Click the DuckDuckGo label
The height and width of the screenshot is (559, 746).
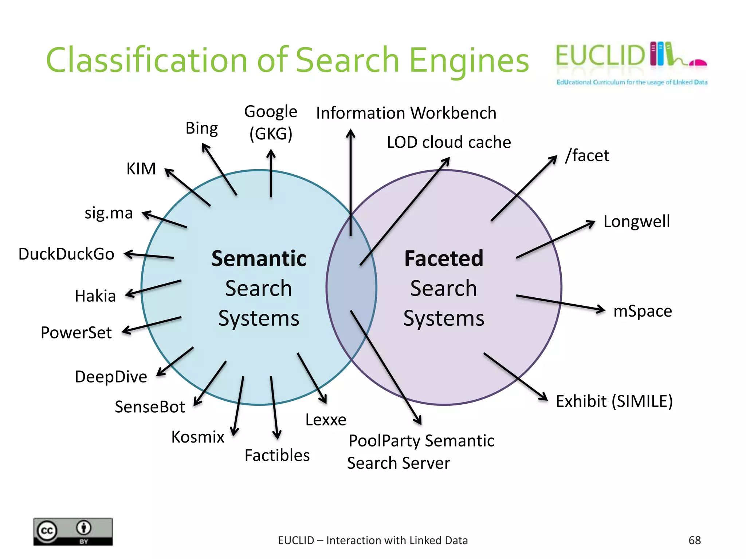[x=66, y=254]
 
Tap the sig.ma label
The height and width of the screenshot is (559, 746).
[x=109, y=213]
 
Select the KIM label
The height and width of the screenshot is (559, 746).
[x=141, y=169]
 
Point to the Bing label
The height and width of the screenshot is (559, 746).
[x=201, y=128]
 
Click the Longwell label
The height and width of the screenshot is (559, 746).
[x=636, y=221]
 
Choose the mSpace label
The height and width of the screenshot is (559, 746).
[x=643, y=311]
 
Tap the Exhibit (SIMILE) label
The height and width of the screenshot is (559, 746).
[x=614, y=401]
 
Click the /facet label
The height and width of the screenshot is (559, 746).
[x=587, y=155]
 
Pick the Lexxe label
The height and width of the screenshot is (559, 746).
[x=326, y=420]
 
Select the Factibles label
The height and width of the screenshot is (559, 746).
[x=277, y=455]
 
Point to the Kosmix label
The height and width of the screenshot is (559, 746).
[x=198, y=437]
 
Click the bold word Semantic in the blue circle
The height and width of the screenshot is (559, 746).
[x=259, y=259]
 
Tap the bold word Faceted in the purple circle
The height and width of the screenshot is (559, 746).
[x=444, y=259]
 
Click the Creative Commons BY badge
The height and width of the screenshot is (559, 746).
[x=73, y=531]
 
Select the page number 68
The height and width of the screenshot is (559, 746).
[x=694, y=540]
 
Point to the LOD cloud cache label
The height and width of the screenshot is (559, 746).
[x=449, y=142]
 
